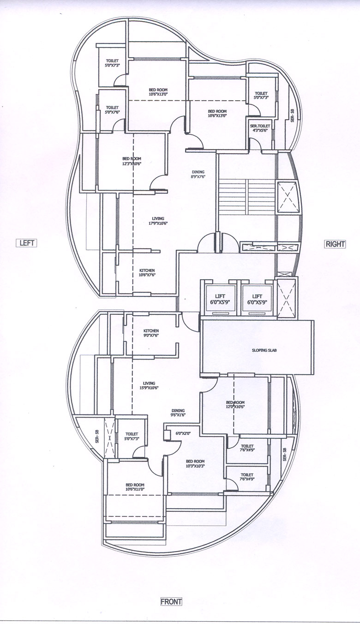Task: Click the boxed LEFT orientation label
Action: pos(27,243)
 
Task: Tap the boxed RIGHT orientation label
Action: pos(335,244)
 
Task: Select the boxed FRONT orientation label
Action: pos(171,601)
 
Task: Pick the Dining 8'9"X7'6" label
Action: pos(198,174)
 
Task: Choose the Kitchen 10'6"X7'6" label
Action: pos(147,272)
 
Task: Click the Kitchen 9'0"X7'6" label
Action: pos(151,333)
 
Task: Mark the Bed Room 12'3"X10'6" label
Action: pos(132,161)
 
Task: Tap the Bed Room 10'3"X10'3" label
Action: pos(195,463)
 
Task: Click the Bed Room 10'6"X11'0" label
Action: pos(135,487)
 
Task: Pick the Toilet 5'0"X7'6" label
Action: pos(112,110)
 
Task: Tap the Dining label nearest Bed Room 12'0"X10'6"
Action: pos(178,413)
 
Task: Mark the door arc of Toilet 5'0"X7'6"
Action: pos(119,125)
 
